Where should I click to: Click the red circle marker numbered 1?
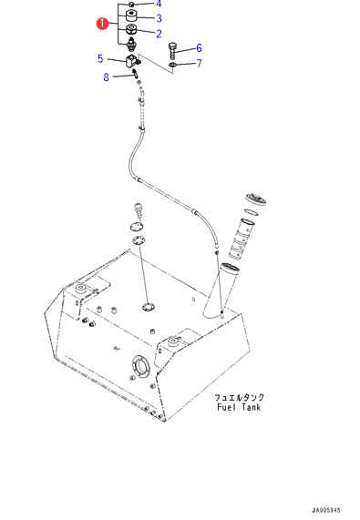point(102,24)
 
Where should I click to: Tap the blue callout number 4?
point(159,4)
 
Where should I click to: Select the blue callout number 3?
point(159,18)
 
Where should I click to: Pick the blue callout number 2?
point(159,34)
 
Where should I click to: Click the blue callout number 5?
point(100,58)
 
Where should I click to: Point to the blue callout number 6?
point(199,47)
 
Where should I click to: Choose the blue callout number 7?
point(199,63)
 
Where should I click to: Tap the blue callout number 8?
point(106,77)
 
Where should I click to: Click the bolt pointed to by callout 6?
point(172,50)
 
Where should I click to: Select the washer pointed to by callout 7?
point(172,65)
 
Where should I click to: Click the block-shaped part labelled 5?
point(132,61)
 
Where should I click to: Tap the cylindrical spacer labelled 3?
point(132,15)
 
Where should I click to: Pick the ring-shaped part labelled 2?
point(132,29)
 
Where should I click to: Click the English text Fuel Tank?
point(239,407)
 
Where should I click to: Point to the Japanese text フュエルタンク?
point(239,397)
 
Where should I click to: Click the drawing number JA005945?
point(326,510)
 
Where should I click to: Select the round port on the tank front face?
point(141,366)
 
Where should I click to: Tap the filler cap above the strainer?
point(256,199)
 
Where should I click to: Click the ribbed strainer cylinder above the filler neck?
point(241,238)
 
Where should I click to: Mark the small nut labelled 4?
point(131,5)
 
